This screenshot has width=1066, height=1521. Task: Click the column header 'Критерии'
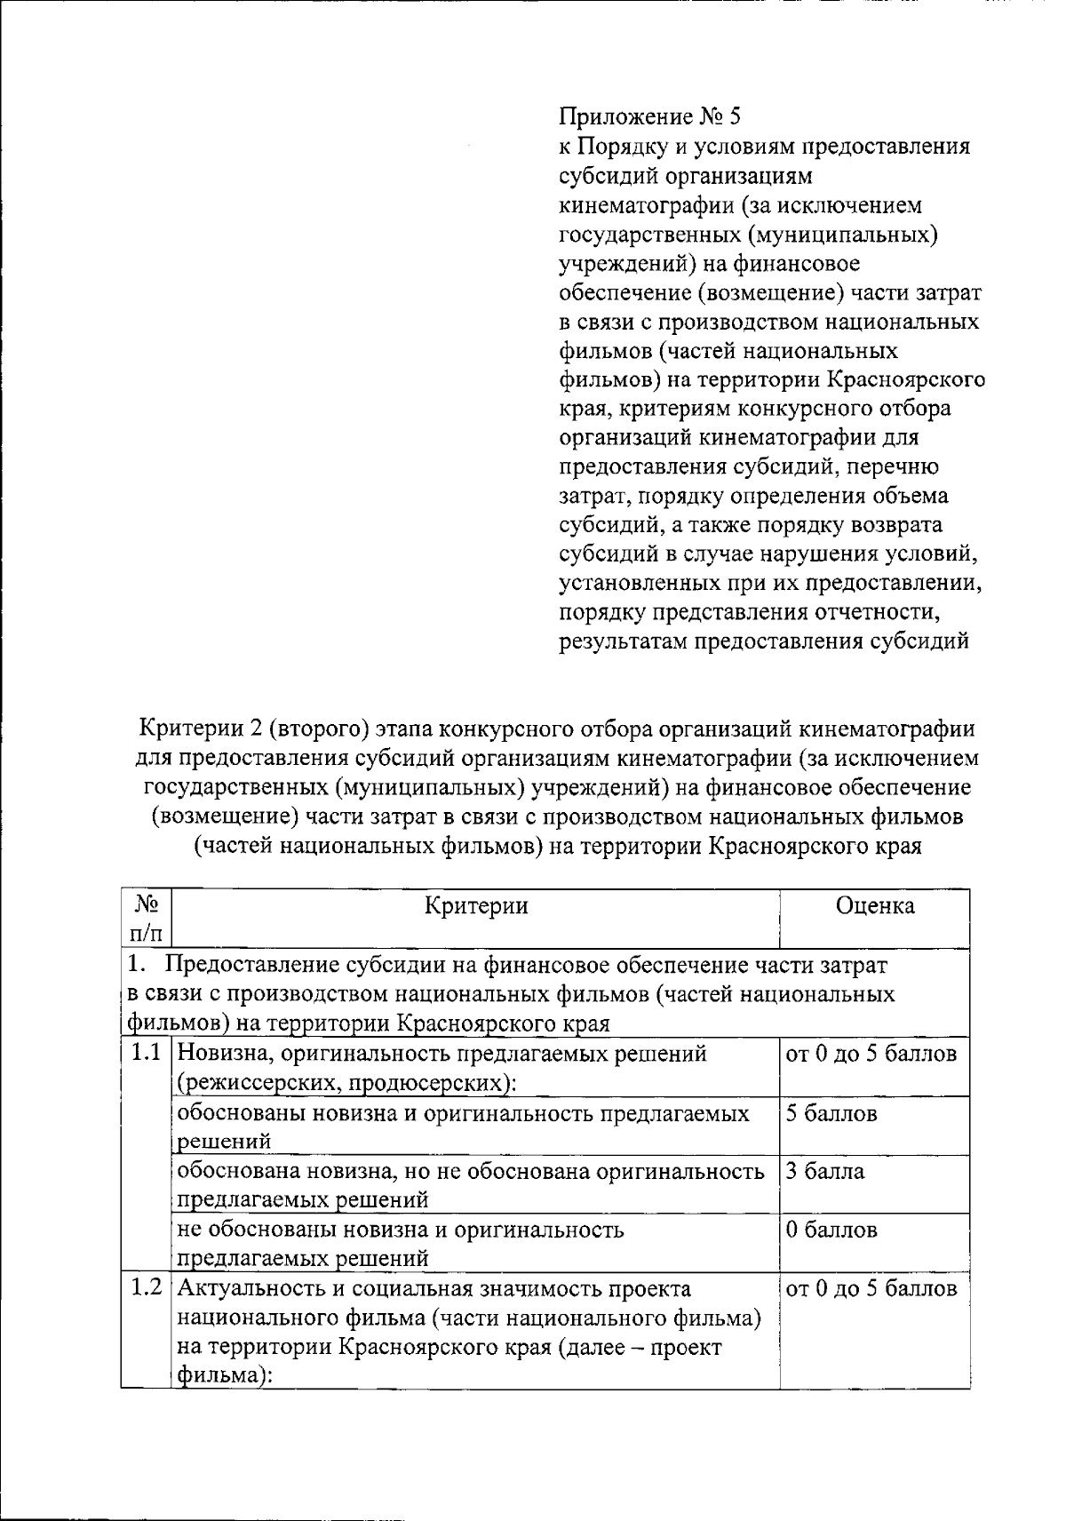click(476, 905)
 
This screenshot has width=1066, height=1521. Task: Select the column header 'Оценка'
click(874, 905)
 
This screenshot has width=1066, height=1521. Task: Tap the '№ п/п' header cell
click(147, 919)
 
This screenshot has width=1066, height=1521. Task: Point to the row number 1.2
click(146, 1287)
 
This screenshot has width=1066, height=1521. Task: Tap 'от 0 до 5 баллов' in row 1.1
click(872, 1054)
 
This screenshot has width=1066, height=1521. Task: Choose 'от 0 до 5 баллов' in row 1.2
click(872, 1288)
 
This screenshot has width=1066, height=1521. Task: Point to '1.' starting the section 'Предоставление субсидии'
click(135, 964)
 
